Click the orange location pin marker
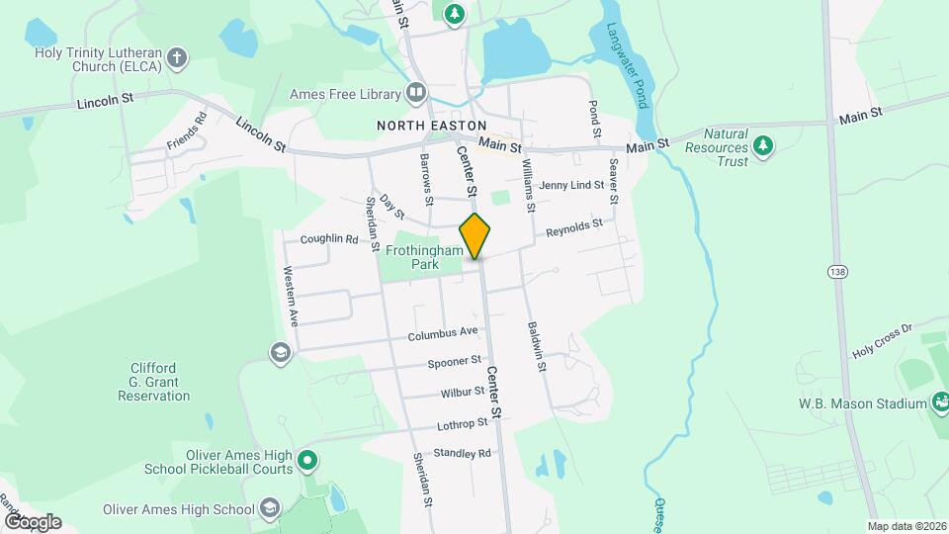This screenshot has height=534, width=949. [x=475, y=236]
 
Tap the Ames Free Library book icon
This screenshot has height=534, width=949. [x=416, y=94]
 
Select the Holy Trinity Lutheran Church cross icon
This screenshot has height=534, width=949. [x=177, y=57]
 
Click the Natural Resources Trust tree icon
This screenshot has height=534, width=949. [x=762, y=146]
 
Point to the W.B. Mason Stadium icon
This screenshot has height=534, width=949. [x=940, y=402]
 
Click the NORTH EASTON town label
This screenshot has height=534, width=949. [x=431, y=126]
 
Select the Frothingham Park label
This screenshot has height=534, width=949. [x=423, y=258]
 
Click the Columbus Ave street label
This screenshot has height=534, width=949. [x=444, y=333]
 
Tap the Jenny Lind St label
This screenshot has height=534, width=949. [x=572, y=185]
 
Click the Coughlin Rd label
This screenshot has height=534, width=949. [x=328, y=238]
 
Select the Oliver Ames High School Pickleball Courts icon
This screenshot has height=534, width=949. [x=307, y=460]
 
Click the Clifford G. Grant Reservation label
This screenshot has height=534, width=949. [x=153, y=382]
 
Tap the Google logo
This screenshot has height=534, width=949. [x=32, y=521]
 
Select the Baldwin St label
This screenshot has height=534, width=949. [x=537, y=346]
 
